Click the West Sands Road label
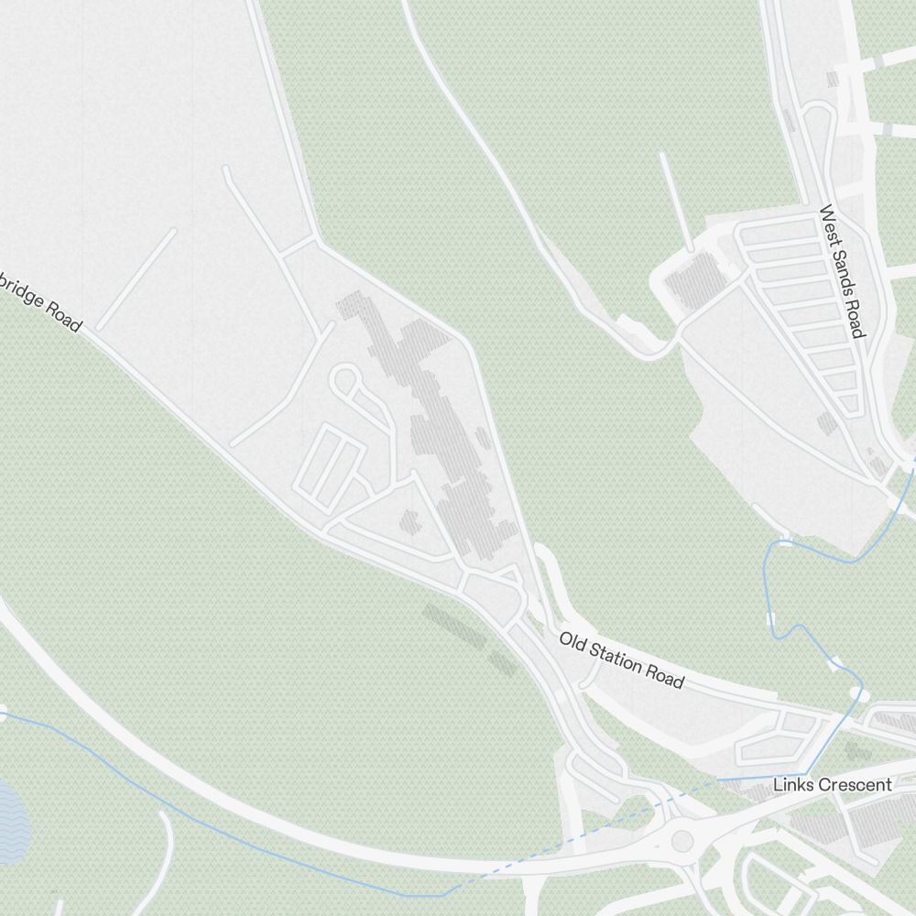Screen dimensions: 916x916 tap(843, 271)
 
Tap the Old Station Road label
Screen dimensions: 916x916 tap(622, 660)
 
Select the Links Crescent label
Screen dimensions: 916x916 tap(832, 785)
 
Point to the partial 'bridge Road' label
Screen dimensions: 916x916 tap(41, 300)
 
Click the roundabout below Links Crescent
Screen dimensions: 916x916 tap(682, 839)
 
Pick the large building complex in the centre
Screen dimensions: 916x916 tap(440, 421)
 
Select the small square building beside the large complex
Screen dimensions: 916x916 tap(409, 522)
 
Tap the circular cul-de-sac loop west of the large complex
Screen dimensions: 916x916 tap(346, 379)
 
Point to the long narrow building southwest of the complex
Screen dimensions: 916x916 tap(454, 626)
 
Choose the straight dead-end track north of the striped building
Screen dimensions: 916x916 tap(675, 200)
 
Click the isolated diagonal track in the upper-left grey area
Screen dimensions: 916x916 tap(136, 279)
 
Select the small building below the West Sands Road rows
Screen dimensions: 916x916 tap(827, 422)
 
